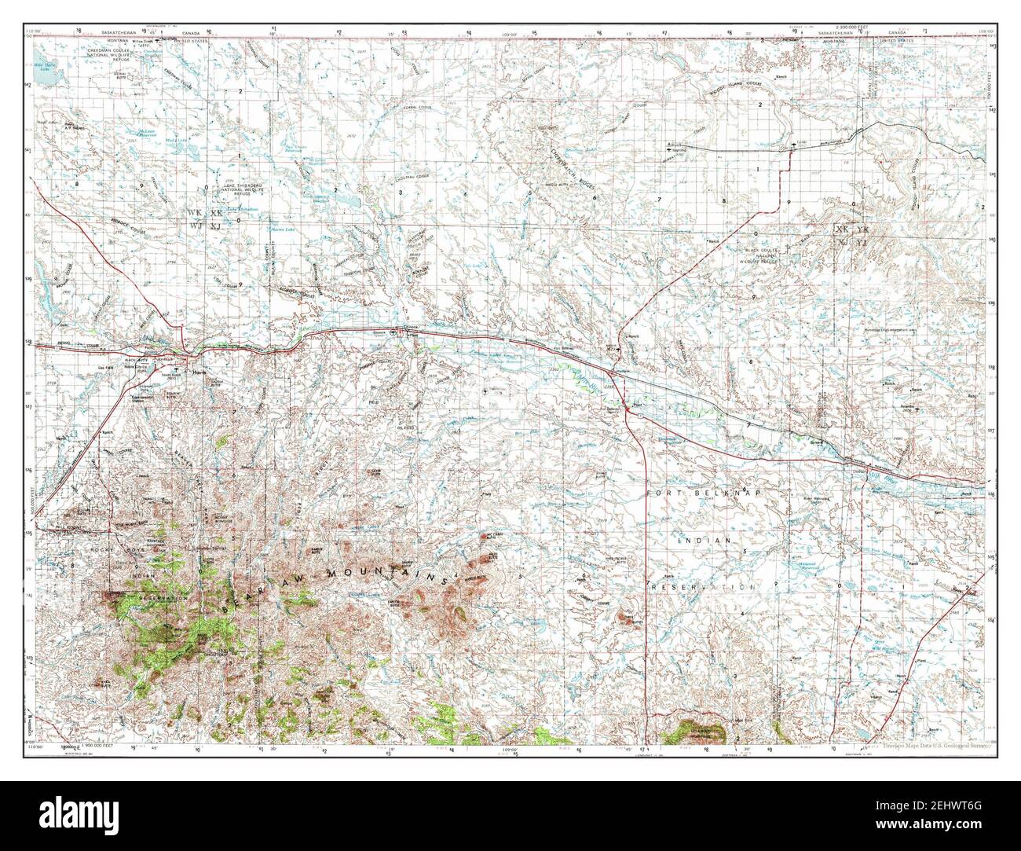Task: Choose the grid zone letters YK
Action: point(862,229)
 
